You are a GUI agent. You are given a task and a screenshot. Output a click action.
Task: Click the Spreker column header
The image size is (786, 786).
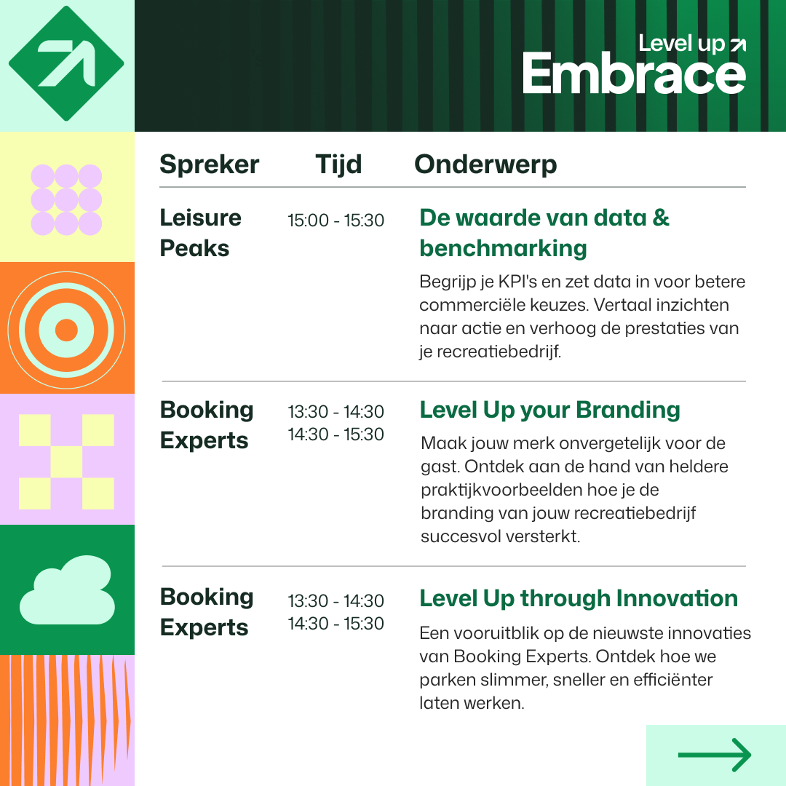pos(209,164)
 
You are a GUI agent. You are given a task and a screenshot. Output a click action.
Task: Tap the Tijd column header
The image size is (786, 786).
pos(338,164)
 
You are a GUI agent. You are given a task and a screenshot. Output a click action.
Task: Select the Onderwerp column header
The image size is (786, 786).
pos(485,164)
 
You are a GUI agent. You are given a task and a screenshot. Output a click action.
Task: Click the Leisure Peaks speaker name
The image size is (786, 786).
pos(201,233)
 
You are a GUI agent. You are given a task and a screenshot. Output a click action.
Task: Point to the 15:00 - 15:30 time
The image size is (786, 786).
pos(336,221)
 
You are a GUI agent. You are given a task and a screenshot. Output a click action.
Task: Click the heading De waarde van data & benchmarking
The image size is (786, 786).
pos(544,233)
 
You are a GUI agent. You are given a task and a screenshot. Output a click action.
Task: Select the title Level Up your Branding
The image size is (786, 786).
pos(550,410)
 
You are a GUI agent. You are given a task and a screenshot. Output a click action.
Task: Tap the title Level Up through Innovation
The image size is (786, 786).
pos(579,598)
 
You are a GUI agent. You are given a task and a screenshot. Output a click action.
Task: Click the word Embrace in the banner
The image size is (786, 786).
pos(634,74)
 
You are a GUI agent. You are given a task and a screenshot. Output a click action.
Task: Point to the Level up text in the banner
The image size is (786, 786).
pos(681,44)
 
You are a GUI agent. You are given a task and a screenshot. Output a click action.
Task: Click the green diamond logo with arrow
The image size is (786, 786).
pos(66,63)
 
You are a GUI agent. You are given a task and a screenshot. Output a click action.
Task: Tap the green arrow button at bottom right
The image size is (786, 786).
pos(715,755)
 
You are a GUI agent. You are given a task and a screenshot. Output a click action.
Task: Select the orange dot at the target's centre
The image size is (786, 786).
pos(67,330)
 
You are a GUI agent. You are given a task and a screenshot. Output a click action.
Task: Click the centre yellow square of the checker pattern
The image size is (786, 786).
pos(66,461)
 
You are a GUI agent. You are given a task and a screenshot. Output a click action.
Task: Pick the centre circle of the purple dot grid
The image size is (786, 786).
pos(66,200)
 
